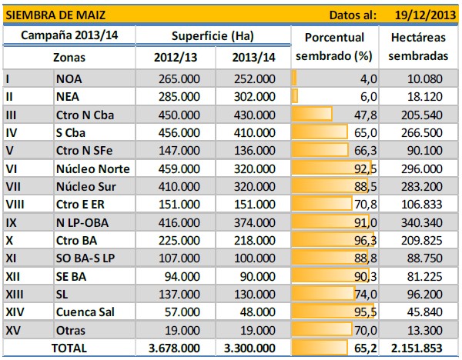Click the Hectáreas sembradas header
420,47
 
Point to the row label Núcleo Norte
92,168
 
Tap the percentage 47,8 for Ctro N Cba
363,115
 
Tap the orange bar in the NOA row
294,78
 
